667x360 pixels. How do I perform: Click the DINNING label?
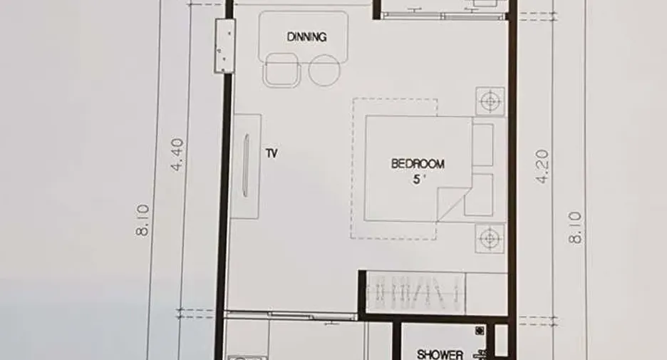pyautogui.click(x=306, y=37)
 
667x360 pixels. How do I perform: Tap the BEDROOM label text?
pyautogui.click(x=418, y=164)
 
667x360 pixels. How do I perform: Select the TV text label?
pyautogui.click(x=272, y=153)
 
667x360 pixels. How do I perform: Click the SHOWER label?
pyautogui.click(x=440, y=354)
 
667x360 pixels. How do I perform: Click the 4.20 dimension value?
pyautogui.click(x=542, y=166)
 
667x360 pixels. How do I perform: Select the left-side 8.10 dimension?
pyautogui.click(x=143, y=220)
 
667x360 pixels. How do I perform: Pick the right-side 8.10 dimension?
pyautogui.click(x=575, y=227)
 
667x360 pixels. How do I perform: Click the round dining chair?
pyautogui.click(x=324, y=70)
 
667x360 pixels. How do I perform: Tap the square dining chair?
pyautogui.click(x=282, y=70)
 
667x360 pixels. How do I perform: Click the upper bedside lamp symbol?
pyautogui.click(x=490, y=101)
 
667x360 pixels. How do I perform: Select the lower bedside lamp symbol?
pyautogui.click(x=490, y=238)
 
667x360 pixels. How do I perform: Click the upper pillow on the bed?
pyautogui.click(x=483, y=145)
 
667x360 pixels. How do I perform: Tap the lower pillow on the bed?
pyautogui.click(x=480, y=195)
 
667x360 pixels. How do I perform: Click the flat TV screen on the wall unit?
pyautogui.click(x=246, y=165)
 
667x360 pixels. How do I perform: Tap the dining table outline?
pyautogui.click(x=304, y=38)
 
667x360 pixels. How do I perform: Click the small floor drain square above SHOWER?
pyautogui.click(x=480, y=330)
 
